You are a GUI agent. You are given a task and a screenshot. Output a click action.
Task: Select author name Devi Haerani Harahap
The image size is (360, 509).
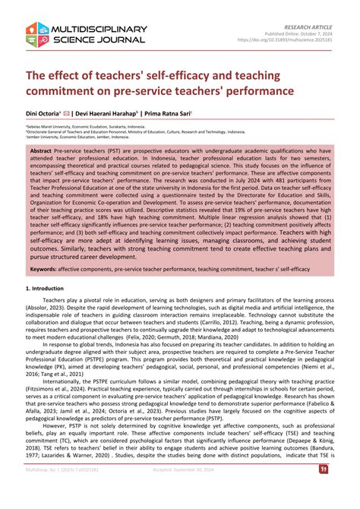click(x=118, y=115)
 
